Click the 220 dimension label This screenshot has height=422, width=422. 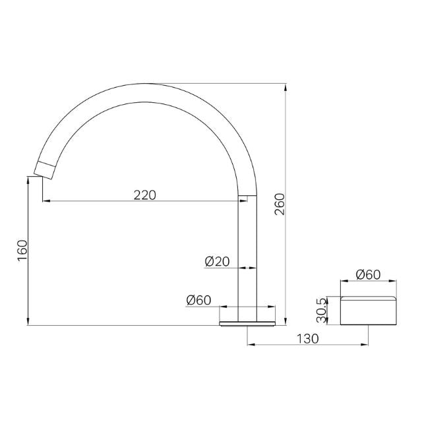point(145,195)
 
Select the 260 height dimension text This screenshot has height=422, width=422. point(279,205)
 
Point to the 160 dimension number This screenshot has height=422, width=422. point(22,251)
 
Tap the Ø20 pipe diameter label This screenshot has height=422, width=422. point(217,262)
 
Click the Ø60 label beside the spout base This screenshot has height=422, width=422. point(198,300)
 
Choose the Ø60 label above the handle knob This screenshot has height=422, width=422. point(368,275)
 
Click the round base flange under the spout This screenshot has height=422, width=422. point(247,322)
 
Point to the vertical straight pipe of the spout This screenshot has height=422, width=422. point(247,257)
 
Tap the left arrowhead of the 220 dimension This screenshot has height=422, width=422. point(45,201)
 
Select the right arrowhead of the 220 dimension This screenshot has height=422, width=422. point(244,201)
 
